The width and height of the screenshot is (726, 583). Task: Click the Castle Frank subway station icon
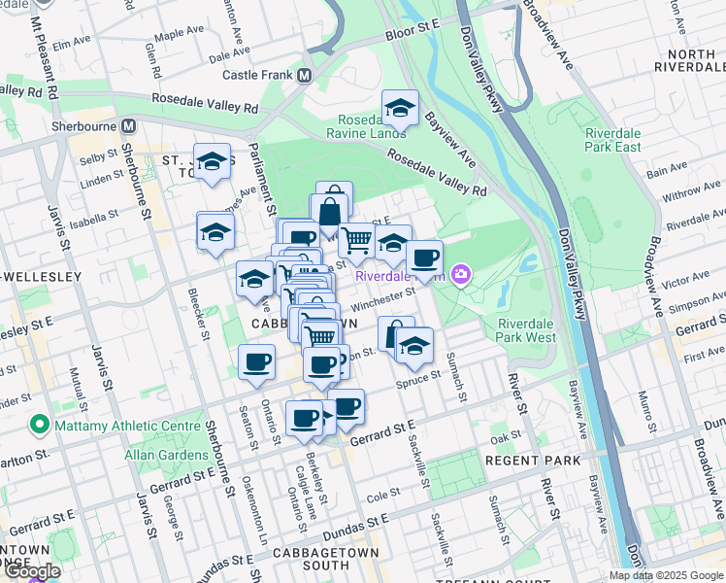point(305,75)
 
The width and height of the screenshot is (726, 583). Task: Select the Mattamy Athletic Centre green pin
point(39,424)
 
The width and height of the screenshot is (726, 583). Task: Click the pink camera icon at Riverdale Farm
point(461,275)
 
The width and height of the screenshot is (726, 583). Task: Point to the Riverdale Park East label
point(613,140)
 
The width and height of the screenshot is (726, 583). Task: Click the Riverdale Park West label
point(526,330)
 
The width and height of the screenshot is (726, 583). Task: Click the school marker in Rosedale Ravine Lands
point(399,107)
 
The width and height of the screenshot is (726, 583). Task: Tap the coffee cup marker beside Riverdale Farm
point(424,258)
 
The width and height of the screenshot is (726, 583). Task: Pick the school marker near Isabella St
point(215,231)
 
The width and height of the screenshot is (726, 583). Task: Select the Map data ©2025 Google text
point(667,575)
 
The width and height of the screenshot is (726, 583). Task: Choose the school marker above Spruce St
point(414,345)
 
